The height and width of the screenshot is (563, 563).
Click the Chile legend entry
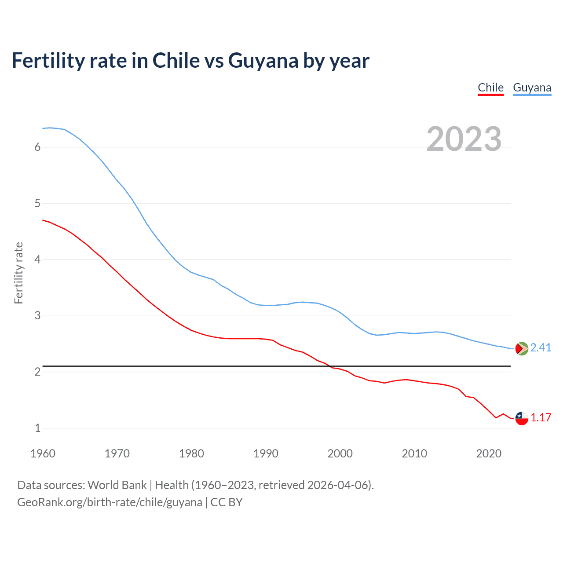pyautogui.click(x=490, y=88)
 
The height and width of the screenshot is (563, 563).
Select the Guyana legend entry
pyautogui.click(x=532, y=88)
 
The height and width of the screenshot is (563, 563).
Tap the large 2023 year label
pyautogui.click(x=464, y=139)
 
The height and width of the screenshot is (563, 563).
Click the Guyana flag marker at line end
pyautogui.click(x=522, y=348)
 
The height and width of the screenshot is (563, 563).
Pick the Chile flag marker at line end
pyautogui.click(x=522, y=418)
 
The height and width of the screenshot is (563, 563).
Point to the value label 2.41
pyautogui.click(x=541, y=347)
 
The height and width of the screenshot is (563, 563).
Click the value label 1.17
pyautogui.click(x=541, y=417)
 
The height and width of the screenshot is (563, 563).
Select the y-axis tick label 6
pyautogui.click(x=37, y=147)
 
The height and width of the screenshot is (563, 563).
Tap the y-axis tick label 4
pyautogui.click(x=37, y=260)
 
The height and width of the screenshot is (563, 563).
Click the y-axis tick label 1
pyautogui.click(x=37, y=428)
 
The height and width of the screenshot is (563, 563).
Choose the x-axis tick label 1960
pyautogui.click(x=43, y=453)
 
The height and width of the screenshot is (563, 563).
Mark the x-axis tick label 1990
pyautogui.click(x=266, y=453)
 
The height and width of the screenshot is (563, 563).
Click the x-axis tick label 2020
pyautogui.click(x=489, y=453)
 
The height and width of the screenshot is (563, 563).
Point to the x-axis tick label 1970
pyautogui.click(x=117, y=453)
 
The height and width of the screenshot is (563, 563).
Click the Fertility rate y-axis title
pyautogui.click(x=18, y=273)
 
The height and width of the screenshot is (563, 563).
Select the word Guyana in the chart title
pyautogui.click(x=263, y=61)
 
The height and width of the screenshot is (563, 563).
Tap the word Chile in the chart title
pyautogui.click(x=176, y=61)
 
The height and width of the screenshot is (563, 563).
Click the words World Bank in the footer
pyautogui.click(x=117, y=485)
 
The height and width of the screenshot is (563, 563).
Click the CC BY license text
pyautogui.click(x=227, y=502)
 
